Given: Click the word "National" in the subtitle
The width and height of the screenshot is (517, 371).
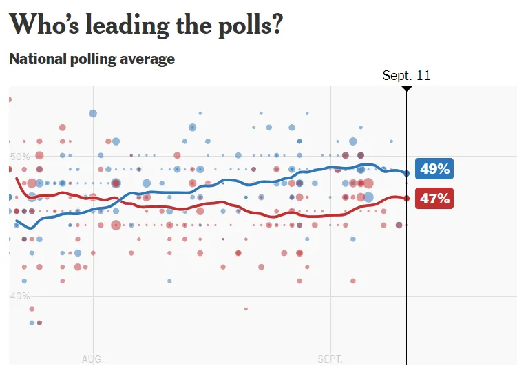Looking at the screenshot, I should (36, 59).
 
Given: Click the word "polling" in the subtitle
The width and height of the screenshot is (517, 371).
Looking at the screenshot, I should (92, 60).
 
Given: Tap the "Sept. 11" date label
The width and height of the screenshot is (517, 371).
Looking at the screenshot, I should (406, 75).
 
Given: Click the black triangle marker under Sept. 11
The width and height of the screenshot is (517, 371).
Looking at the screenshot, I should (406, 88).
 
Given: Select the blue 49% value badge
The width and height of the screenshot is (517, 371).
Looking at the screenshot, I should (434, 169).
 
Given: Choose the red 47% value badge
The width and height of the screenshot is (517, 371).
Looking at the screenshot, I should (434, 199).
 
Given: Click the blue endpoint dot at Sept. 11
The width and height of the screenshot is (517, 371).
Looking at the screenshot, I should (406, 174).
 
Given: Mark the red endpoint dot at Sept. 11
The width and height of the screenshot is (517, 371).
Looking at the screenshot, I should (406, 199).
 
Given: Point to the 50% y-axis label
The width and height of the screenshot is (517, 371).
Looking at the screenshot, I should (19, 157).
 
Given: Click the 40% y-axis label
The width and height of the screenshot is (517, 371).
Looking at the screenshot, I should (19, 296).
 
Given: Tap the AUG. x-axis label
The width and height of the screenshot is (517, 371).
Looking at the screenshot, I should (92, 359).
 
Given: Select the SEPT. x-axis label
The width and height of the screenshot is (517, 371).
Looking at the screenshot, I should (330, 359).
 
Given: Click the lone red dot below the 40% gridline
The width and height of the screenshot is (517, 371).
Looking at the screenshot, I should (246, 308).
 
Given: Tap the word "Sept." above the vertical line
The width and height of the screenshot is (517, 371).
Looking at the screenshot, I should (397, 75).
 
